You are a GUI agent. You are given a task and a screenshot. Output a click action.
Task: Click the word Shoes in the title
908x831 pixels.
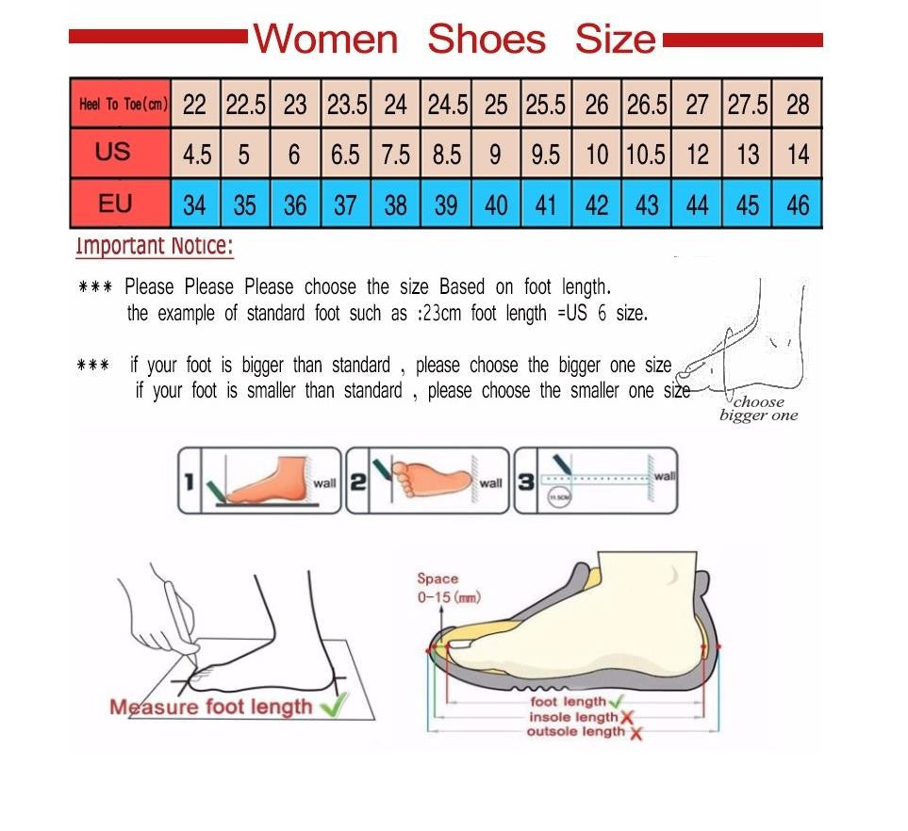[486, 40]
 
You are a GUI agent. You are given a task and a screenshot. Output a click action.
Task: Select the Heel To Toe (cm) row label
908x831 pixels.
[123, 104]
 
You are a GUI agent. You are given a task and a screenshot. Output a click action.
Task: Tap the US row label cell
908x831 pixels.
[113, 153]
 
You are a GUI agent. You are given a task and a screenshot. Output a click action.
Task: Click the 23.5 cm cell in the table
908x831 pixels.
[346, 105]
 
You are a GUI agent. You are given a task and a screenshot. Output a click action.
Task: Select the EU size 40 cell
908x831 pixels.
[496, 204]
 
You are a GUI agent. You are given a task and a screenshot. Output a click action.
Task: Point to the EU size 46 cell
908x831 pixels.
[798, 204]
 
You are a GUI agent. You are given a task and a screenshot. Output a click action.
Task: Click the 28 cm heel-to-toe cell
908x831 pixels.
[798, 105]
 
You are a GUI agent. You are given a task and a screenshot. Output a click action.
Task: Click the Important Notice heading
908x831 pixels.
[154, 247]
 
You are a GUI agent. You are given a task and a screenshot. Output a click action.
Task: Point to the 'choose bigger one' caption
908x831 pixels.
[758, 409]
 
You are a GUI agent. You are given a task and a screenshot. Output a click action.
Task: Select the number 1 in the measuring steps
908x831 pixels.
[189, 482]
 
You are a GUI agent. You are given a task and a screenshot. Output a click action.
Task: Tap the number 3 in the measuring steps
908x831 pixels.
[526, 482]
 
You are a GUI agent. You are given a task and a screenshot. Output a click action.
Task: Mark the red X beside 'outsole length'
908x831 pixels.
[636, 733]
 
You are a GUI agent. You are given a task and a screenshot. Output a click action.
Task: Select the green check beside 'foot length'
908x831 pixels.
[617, 702]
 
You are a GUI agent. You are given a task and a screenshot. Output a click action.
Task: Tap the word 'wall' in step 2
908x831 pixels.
[491, 483]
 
